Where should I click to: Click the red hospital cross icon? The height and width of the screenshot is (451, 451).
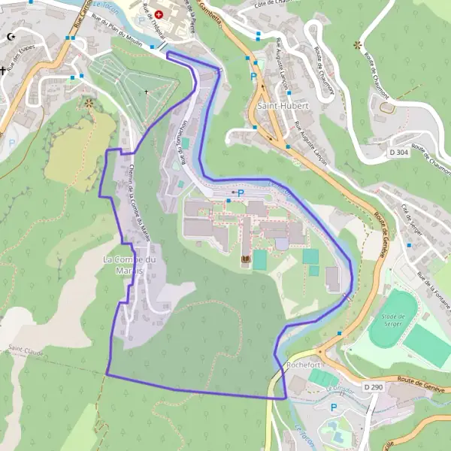pos(159,14)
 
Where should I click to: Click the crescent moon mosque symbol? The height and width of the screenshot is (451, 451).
pos(11,36)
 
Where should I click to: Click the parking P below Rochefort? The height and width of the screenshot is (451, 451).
pos(334,407)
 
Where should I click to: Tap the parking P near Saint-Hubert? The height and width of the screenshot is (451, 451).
pos(253,77)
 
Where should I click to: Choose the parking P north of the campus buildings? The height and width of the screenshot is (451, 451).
pos(241,193)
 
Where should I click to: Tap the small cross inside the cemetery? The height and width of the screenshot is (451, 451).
pos(147,92)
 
